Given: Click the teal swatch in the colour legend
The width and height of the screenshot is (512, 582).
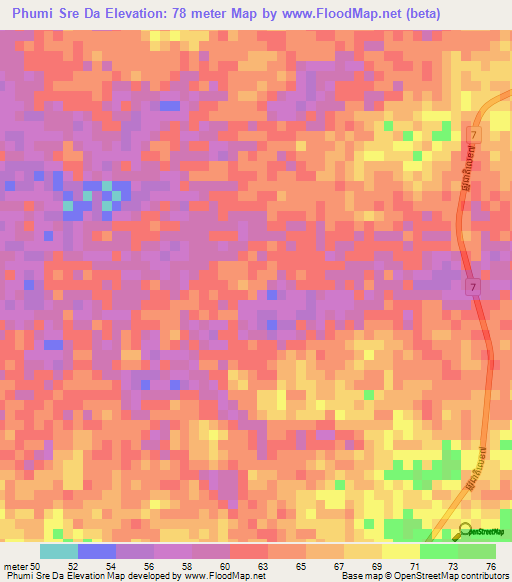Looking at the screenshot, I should (x=59, y=551).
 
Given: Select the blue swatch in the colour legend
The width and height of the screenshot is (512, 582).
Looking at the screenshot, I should (x=97, y=551).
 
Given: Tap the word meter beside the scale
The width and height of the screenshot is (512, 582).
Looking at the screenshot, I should (x=17, y=565).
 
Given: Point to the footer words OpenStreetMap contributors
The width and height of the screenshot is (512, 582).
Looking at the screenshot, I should (x=451, y=576).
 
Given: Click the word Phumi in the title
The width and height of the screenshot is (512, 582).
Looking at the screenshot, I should (x=33, y=14).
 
